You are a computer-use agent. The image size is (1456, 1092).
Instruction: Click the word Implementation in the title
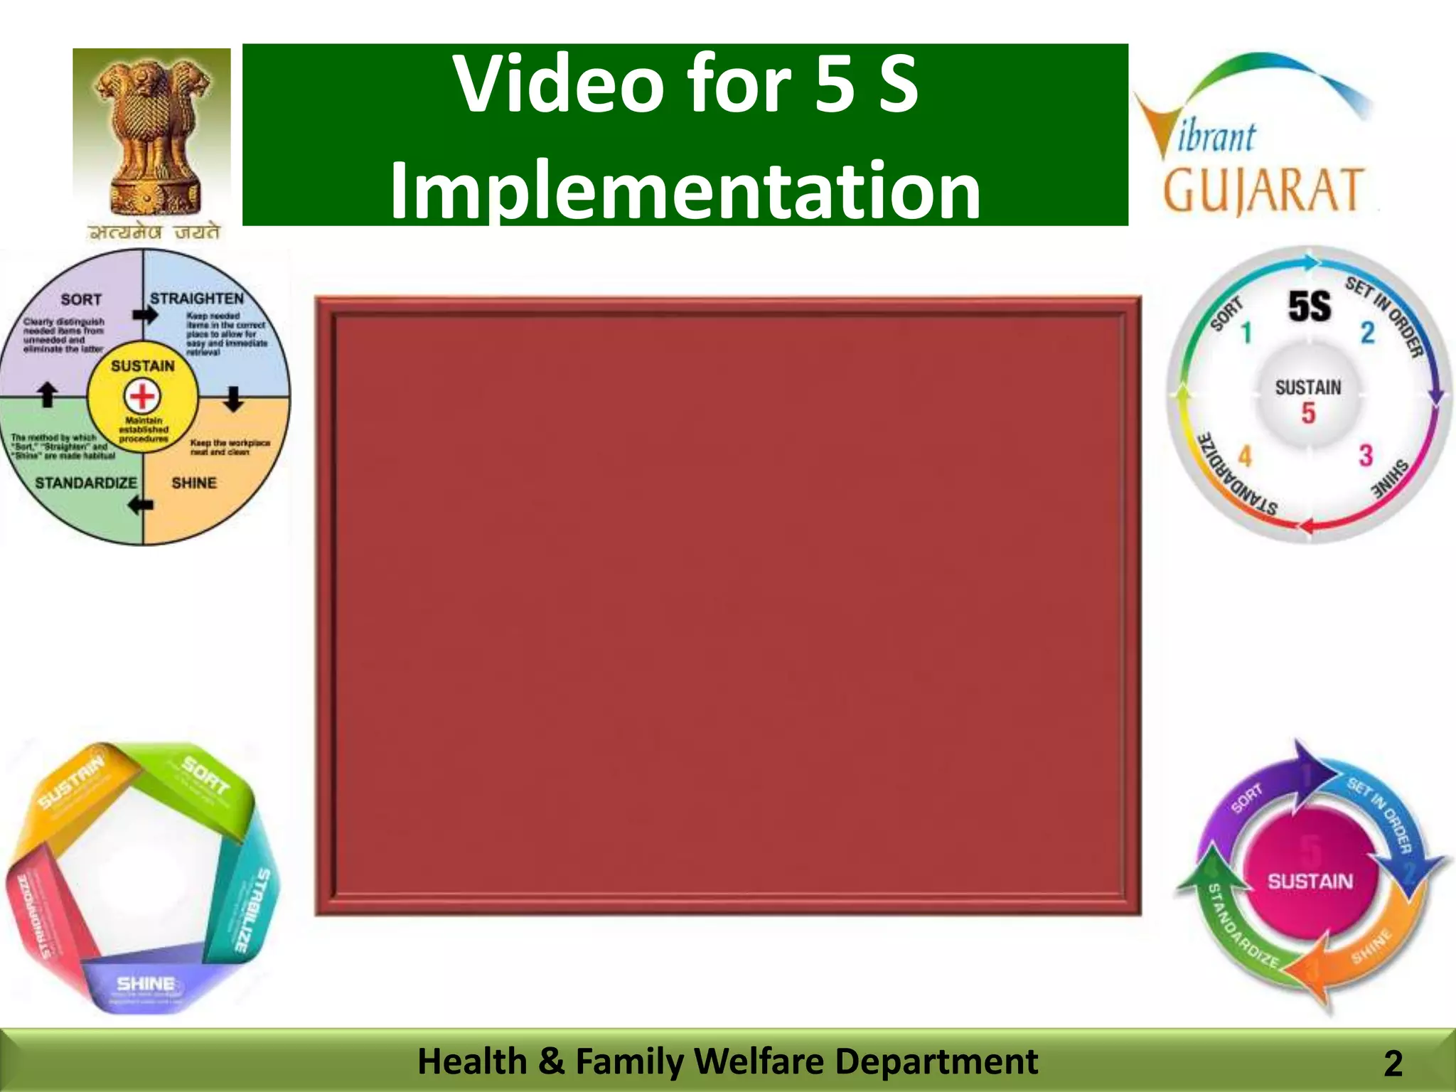(x=685, y=191)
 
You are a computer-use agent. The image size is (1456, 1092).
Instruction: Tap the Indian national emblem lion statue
(x=152, y=132)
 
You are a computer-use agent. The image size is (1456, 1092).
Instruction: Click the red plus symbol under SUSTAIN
(x=143, y=396)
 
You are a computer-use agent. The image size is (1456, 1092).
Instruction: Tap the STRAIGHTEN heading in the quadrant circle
(x=197, y=299)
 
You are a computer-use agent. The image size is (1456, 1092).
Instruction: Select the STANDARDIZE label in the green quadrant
(x=85, y=483)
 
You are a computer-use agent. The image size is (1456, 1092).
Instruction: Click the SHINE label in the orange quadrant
(x=194, y=483)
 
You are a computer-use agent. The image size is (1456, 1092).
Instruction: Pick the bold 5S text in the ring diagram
(x=1309, y=307)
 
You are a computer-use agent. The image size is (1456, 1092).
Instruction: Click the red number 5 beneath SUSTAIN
(x=1308, y=413)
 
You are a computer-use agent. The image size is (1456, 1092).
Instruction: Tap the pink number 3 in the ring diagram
(x=1365, y=456)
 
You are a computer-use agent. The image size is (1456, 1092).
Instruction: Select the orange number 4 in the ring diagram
(x=1245, y=456)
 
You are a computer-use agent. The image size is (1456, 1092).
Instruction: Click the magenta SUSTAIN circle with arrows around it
(x=1310, y=882)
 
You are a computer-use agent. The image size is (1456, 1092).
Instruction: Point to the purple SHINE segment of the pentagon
(x=145, y=984)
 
